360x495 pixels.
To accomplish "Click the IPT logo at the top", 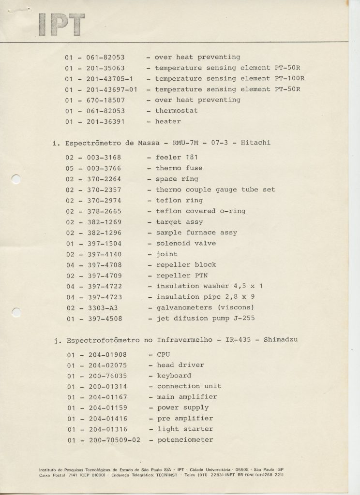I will (61, 24).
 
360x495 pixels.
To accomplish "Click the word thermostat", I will (176, 111).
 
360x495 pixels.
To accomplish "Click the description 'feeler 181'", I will (177, 158).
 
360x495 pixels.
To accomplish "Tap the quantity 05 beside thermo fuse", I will (70, 168).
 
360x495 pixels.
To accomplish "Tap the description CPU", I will (164, 354).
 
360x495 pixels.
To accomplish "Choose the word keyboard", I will (174, 376).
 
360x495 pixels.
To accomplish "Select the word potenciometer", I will (185, 440).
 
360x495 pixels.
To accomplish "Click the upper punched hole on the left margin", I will (16, 179).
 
